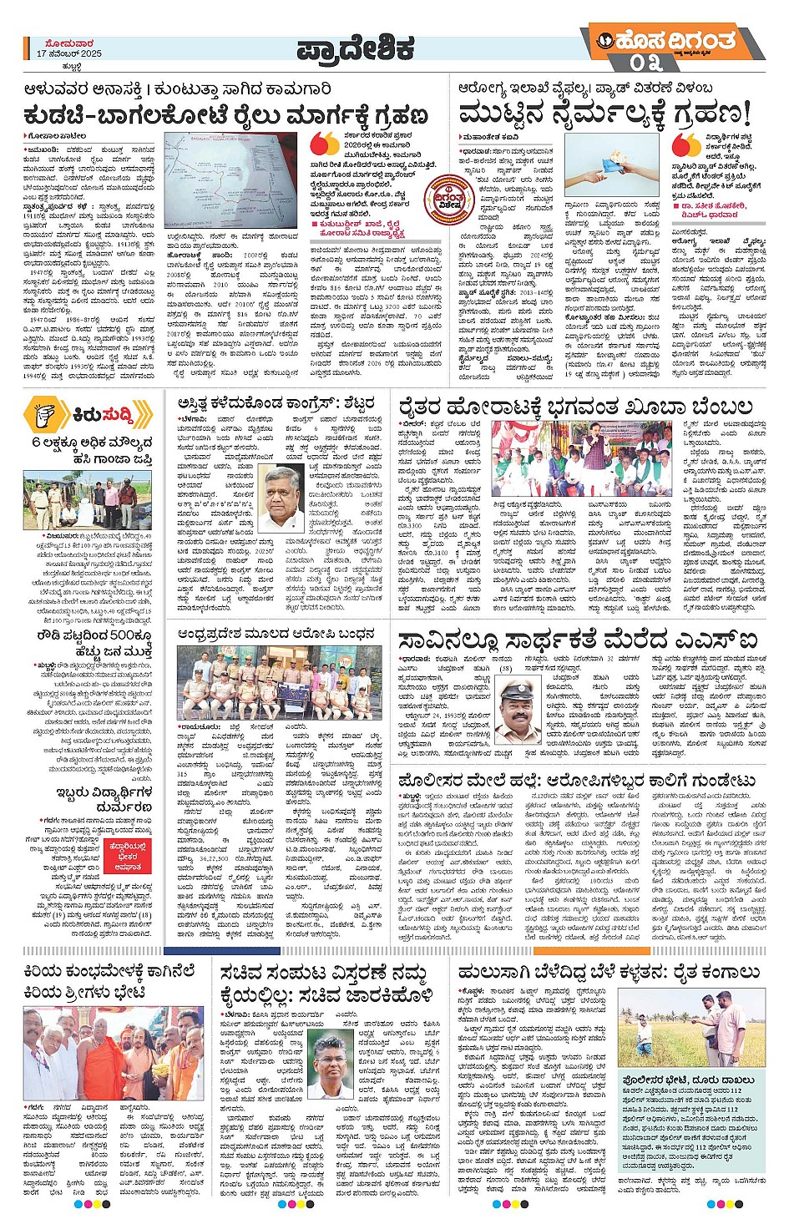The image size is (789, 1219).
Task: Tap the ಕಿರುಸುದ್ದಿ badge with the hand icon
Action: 88,413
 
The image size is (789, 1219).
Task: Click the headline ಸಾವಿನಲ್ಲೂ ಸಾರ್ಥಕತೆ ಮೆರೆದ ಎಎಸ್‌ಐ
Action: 578,641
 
